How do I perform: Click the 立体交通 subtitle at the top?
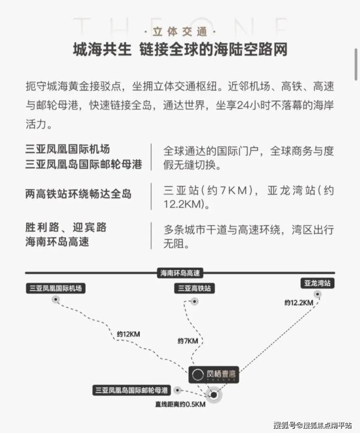[180, 32]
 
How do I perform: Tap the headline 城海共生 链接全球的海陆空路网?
[180, 50]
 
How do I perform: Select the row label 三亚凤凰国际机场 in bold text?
[68, 149]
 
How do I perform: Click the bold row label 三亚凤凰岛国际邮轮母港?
[84, 164]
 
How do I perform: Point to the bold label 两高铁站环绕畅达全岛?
[78, 194]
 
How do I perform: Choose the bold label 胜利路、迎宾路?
[66, 228]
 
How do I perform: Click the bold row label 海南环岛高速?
[57, 242]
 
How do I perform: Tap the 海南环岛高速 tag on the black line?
[180, 273]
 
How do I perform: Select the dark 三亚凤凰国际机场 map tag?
[56, 289]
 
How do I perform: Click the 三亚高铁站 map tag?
[195, 289]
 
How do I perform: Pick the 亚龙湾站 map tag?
[318, 283]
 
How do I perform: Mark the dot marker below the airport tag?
[56, 299]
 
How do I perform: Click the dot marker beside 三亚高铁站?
[195, 301]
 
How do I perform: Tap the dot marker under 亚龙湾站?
[318, 294]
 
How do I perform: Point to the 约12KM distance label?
[128, 334]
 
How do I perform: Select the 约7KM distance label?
[188, 341]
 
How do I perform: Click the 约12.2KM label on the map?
[299, 303]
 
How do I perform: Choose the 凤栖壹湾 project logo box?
[214, 375]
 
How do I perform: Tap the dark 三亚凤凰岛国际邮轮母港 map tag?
[132, 390]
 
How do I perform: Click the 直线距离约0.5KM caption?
[180, 405]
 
